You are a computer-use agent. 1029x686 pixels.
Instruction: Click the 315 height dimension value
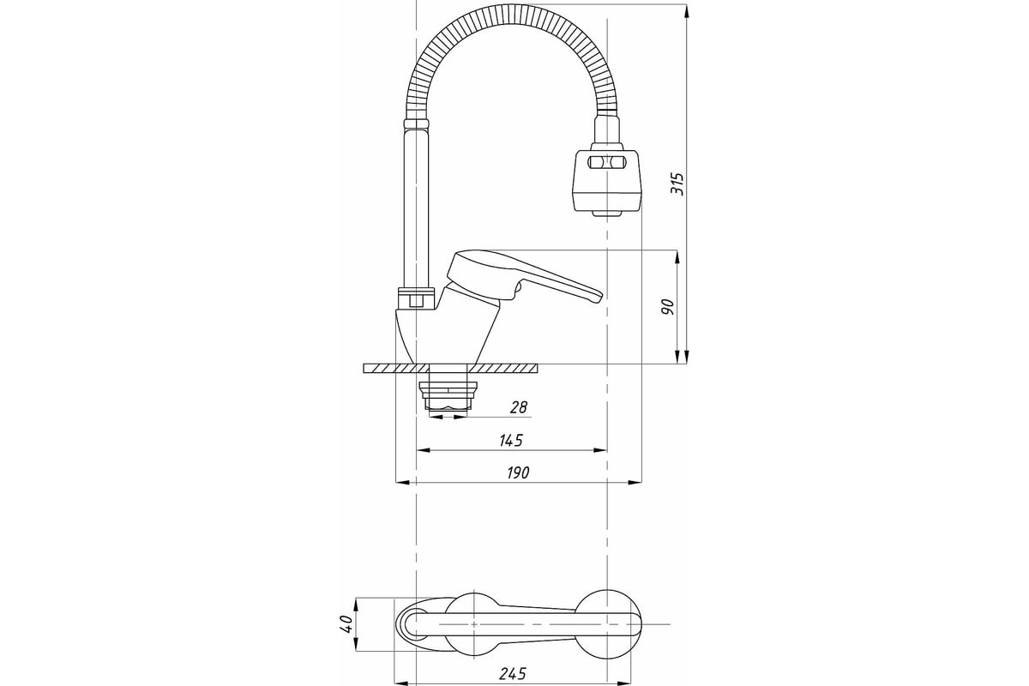[x=677, y=184]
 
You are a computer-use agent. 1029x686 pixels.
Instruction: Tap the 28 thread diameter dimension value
[x=519, y=407]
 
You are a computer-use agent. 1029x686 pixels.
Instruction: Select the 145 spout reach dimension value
[x=511, y=440]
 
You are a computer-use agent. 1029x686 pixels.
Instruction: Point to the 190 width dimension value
[x=518, y=472]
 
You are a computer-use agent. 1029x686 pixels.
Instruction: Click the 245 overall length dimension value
[x=512, y=674]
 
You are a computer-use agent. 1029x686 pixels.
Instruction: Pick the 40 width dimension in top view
[x=346, y=624]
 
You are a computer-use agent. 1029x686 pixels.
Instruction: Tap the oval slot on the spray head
[x=606, y=162]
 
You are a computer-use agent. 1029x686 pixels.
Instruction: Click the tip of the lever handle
[x=599, y=298]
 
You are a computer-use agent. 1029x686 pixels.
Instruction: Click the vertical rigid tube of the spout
[x=416, y=208]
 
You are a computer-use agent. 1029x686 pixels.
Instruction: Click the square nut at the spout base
[x=416, y=301]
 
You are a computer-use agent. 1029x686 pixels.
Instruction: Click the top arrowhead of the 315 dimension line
[x=686, y=10]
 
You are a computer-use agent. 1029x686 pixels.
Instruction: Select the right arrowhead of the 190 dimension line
[x=635, y=483]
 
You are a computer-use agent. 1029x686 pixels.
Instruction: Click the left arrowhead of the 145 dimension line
[x=423, y=450]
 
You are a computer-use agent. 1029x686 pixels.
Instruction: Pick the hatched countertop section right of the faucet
[x=502, y=369]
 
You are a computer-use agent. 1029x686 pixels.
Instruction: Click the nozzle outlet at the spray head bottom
[x=606, y=214]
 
